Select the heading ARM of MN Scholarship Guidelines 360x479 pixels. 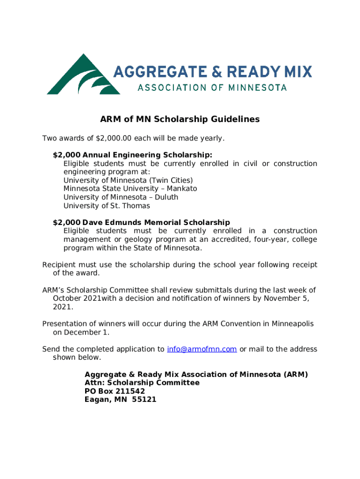[x=180, y=119]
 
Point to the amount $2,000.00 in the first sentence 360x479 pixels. [x=115, y=138]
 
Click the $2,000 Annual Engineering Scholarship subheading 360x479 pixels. [x=132, y=155]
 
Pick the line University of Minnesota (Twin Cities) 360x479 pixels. [x=128, y=180]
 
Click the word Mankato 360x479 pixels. [x=181, y=189]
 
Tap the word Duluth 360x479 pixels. [x=166, y=197]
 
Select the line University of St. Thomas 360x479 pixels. [x=107, y=206]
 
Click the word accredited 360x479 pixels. [x=231, y=239]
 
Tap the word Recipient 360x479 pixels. [x=59, y=265]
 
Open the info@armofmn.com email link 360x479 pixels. [x=202, y=349]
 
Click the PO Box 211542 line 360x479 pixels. [x=115, y=391]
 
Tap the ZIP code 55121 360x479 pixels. [x=144, y=399]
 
